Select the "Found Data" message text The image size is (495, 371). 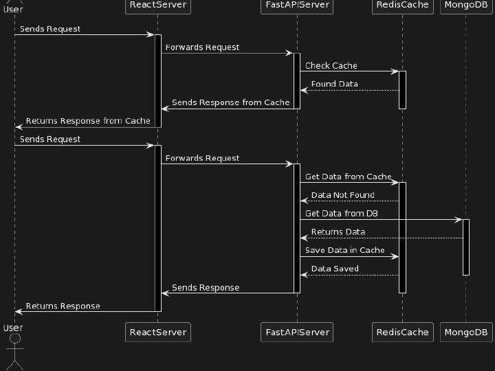pyautogui.click(x=334, y=84)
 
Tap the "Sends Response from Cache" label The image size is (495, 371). pyautogui.click(x=230, y=102)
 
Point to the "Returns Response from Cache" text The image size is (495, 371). pyautogui.click(x=88, y=121)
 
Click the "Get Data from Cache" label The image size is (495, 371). pyautogui.click(x=348, y=177)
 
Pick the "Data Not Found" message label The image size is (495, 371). pyautogui.click(x=342, y=195)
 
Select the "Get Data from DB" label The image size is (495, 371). pyautogui.click(x=342, y=214)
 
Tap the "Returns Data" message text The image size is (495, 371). pyautogui.click(x=338, y=232)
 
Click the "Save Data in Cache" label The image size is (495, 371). pyautogui.click(x=344, y=250)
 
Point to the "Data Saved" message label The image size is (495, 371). pyautogui.click(x=334, y=269)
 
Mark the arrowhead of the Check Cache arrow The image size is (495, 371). pyautogui.click(x=395, y=71)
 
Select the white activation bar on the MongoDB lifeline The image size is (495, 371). pyautogui.click(x=466, y=247)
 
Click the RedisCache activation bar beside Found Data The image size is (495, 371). pyautogui.click(x=402, y=89)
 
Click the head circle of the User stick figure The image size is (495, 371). pyautogui.click(x=14, y=339)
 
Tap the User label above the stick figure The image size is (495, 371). pyautogui.click(x=13, y=328)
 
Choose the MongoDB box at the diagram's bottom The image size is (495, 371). pyautogui.click(x=465, y=333)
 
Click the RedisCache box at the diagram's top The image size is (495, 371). pyautogui.click(x=402, y=5)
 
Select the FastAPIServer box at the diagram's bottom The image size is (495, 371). pyautogui.click(x=298, y=333)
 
